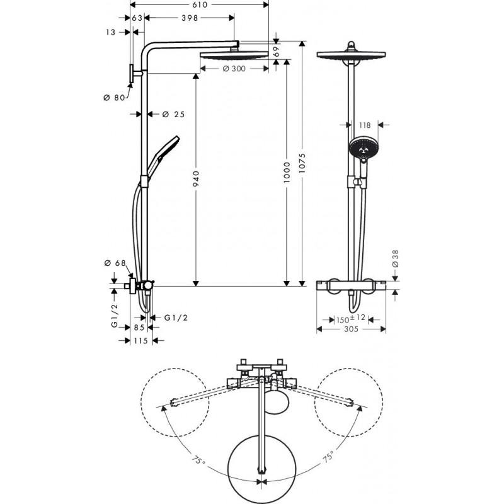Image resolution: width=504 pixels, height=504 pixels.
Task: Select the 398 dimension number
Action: coord(189,18)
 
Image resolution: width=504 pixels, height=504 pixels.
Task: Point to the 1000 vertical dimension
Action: coord(287,171)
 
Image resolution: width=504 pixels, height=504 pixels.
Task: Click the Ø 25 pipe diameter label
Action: coord(173,114)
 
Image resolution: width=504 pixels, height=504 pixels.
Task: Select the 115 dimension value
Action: coord(139,341)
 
